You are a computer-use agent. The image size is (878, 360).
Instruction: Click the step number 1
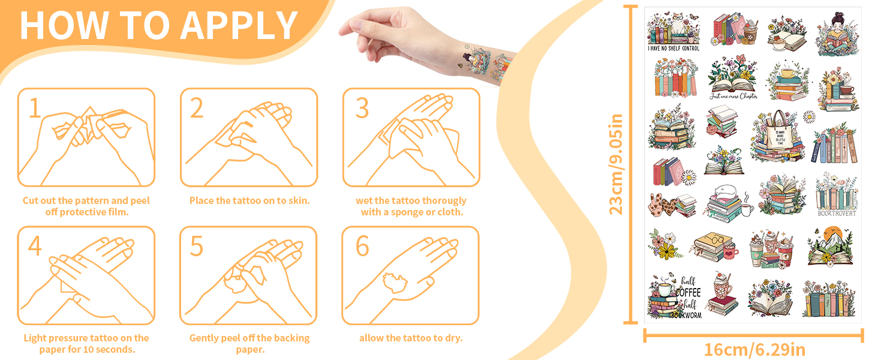35,108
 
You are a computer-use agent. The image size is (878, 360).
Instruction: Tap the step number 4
35,245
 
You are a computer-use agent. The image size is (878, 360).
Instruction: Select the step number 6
362,245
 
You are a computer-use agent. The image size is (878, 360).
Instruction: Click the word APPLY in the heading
240,25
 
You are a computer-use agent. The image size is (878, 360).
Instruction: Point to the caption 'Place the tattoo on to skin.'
249,200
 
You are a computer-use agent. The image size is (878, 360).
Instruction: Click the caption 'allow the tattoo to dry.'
411,338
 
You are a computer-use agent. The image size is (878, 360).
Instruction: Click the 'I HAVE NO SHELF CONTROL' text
673,48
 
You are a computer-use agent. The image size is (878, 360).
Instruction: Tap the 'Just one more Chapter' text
733,96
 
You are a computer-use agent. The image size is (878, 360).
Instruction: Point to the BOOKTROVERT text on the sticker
837,213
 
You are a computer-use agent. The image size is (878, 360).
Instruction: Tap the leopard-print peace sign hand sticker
660,205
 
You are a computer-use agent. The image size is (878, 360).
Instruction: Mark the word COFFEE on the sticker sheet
688,292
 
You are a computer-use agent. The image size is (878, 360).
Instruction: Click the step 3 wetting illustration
411,138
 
